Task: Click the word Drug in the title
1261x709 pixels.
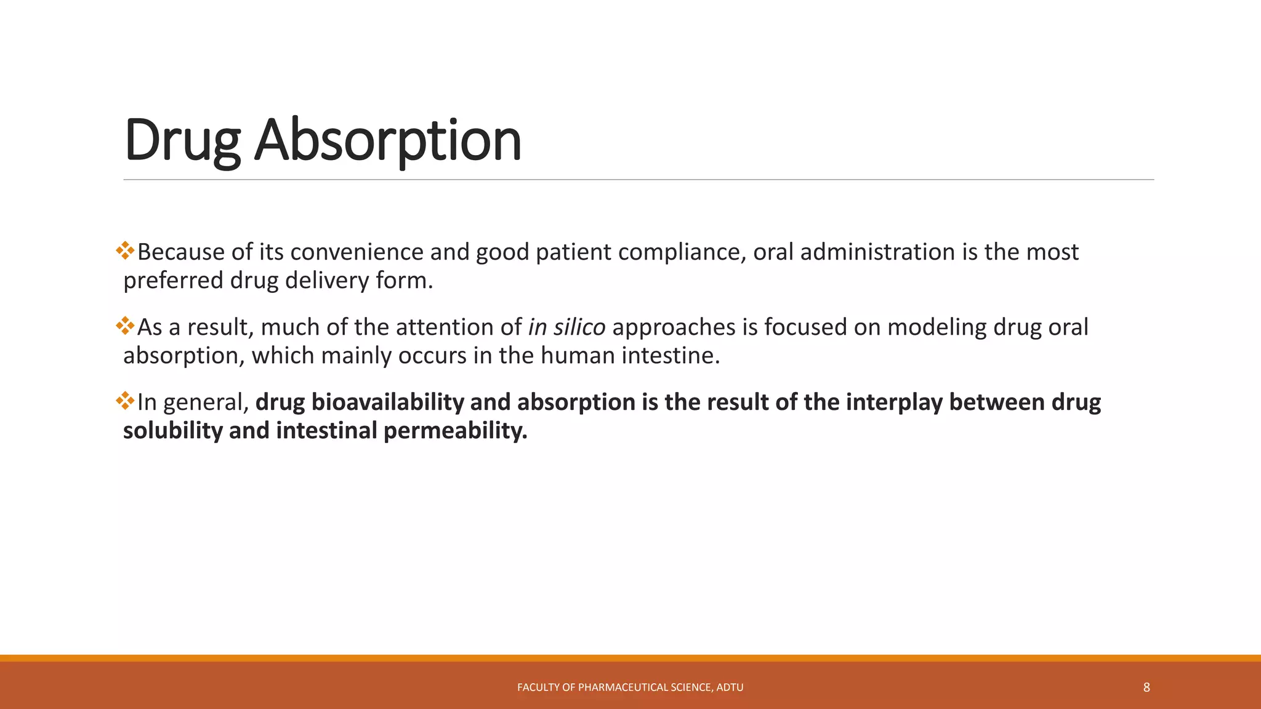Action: [182, 140]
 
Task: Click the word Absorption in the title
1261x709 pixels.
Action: [388, 140]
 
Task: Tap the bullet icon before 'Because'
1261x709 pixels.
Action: [125, 250]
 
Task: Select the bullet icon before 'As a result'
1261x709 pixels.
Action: [125, 325]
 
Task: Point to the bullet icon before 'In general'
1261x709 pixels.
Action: [125, 400]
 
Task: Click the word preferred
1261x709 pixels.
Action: [173, 281]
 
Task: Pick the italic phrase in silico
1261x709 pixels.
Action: [566, 327]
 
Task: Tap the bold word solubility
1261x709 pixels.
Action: [172, 431]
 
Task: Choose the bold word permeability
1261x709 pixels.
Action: [455, 431]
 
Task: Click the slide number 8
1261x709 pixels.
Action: [1146, 687]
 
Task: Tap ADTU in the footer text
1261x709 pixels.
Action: [730, 687]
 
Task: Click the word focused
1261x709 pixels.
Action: [804, 327]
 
